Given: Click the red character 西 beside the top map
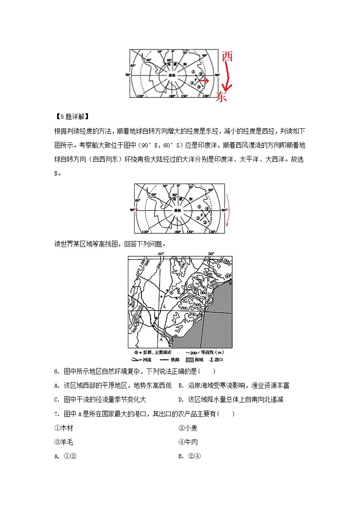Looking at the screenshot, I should (x=227, y=56).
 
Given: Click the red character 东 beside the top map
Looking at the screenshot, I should (x=221, y=96).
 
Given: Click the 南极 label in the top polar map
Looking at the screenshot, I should (x=171, y=75).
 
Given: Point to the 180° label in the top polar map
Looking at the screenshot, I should (x=172, y=96).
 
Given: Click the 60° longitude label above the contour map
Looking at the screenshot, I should (x=161, y=254).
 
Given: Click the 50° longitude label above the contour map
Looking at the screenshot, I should (x=211, y=254).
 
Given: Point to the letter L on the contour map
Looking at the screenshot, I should (x=165, y=306).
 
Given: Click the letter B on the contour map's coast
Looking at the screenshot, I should (x=230, y=283).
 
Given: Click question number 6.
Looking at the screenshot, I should (x=57, y=372).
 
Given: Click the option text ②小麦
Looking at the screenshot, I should (x=188, y=428).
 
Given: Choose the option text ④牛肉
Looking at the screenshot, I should (x=188, y=442).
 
